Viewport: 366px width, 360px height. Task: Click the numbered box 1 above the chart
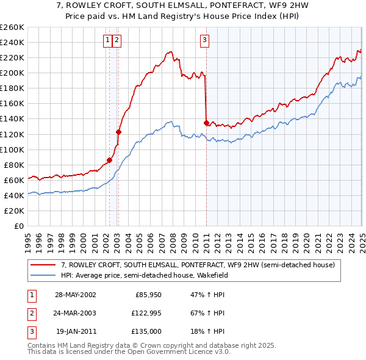click(107, 41)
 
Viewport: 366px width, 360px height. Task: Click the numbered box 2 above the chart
click(116, 41)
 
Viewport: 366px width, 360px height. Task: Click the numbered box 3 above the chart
click(204, 41)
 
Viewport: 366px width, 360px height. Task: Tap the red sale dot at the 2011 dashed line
click(206, 123)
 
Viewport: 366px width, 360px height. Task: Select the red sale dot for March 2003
click(118, 132)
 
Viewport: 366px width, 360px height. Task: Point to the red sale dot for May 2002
click(110, 160)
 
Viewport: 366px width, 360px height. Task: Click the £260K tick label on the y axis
click(12, 27)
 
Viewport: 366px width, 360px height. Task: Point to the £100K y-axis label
click(12, 149)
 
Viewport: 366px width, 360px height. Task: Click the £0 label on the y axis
click(18, 226)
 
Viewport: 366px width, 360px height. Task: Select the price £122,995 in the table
click(145, 313)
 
